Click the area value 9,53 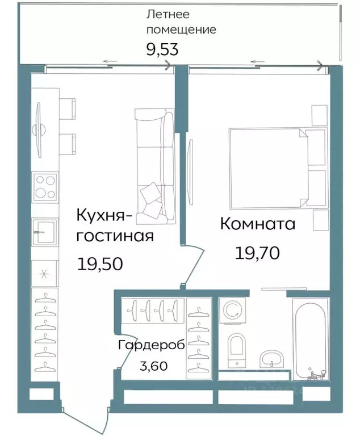click(162, 49)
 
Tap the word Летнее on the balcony click(168, 14)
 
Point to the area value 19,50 click(99, 263)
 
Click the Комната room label click(257, 224)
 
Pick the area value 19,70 click(257, 253)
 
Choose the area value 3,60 click(153, 366)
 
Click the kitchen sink click(44, 232)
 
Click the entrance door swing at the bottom click(85, 412)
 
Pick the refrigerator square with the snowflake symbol click(44, 273)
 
